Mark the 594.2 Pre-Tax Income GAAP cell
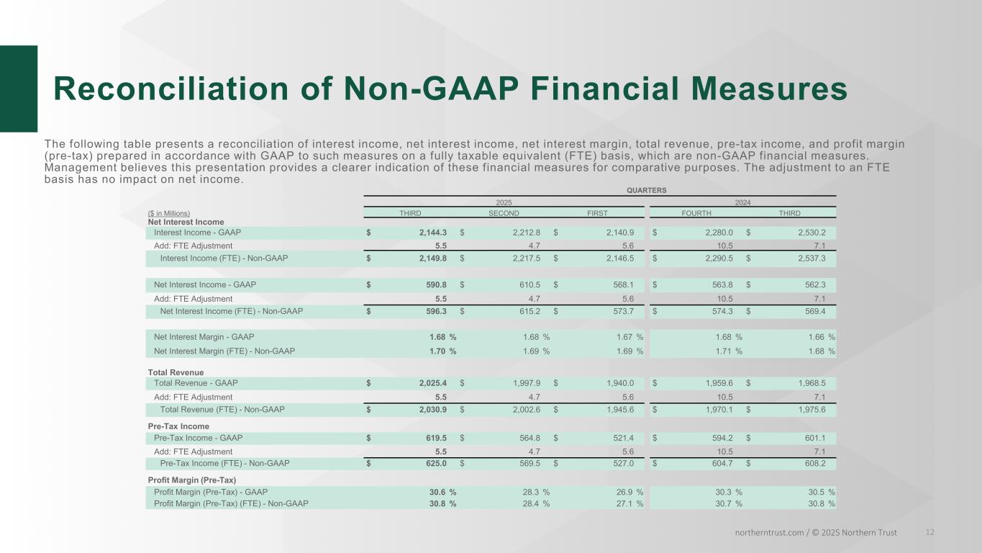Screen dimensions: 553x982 719,438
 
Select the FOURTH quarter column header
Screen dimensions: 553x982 696,213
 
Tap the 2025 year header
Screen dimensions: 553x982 504,203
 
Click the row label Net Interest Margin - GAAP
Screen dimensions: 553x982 204,337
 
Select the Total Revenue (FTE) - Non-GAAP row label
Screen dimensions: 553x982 222,410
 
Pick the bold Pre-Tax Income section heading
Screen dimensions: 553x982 178,426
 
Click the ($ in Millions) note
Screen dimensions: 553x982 169,213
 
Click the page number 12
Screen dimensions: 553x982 930,532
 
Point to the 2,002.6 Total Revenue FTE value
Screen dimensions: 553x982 524,410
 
